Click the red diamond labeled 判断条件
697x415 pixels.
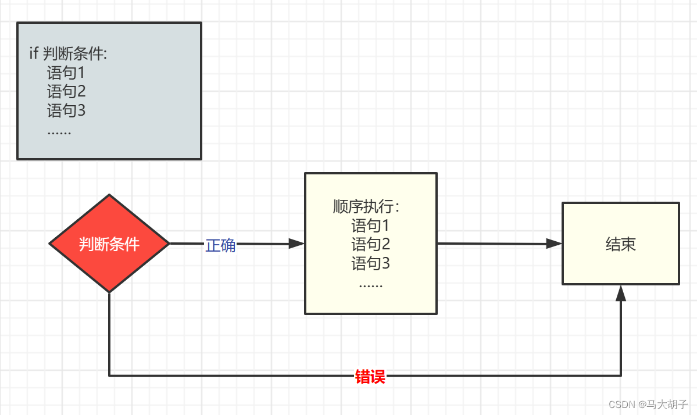tap(109, 244)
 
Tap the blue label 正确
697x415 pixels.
tap(220, 245)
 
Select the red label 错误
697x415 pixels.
tap(370, 377)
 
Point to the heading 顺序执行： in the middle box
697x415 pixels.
tap(367, 207)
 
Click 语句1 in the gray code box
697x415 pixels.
tap(66, 73)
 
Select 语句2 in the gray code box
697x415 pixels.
tap(66, 92)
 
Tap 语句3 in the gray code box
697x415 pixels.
tap(66, 110)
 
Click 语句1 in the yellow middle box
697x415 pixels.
tap(370, 226)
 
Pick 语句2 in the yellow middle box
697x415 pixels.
tap(370, 245)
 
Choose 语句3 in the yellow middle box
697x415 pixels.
tap(370, 264)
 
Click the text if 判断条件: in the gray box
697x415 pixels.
tap(68, 55)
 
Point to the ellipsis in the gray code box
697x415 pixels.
tap(59, 131)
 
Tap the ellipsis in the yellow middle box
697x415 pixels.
tap(370, 284)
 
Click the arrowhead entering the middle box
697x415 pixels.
tap(297, 244)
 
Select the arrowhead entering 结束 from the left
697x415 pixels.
tap(555, 244)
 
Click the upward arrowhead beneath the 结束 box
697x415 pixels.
tap(621, 294)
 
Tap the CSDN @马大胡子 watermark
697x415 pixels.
tap(644, 403)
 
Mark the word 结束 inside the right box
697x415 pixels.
tap(620, 244)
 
